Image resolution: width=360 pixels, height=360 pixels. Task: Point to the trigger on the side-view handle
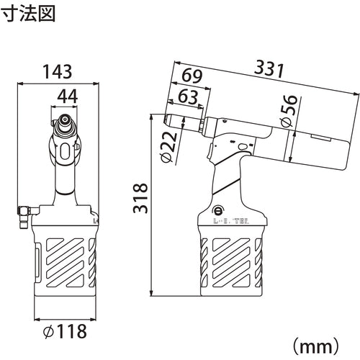pyautogui.click(x=210, y=152)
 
